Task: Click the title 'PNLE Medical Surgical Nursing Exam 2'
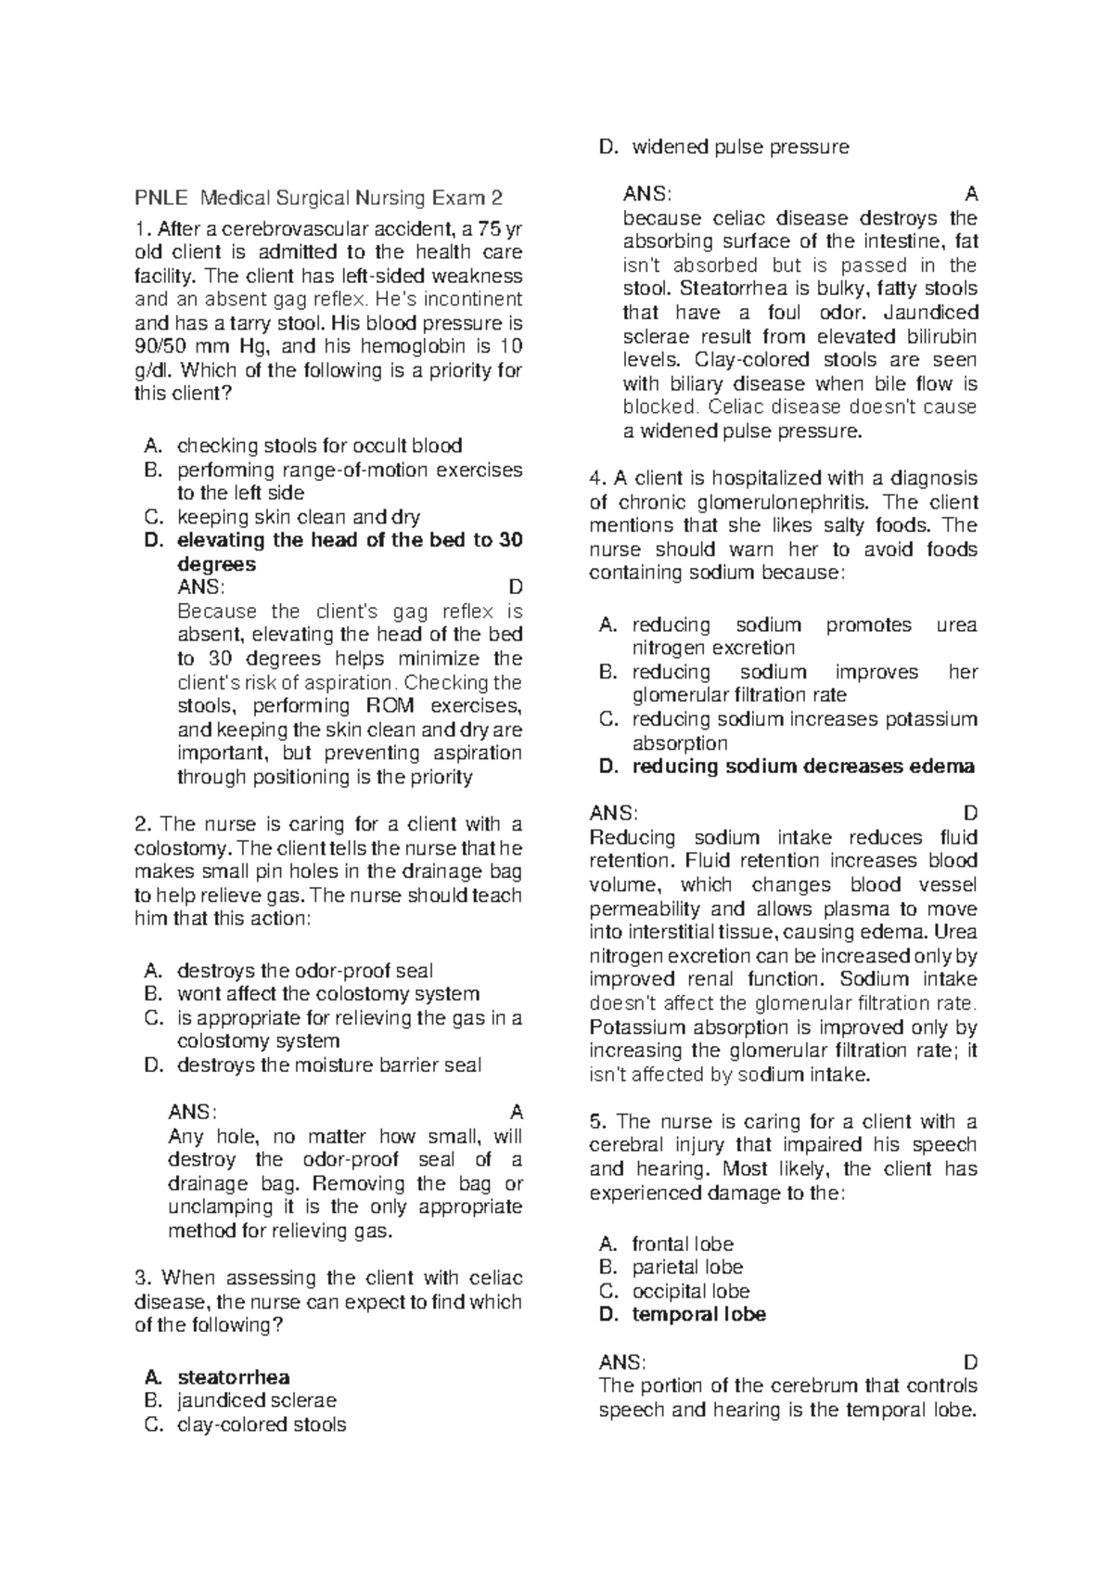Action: pyautogui.click(x=319, y=198)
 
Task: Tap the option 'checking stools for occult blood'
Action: pyautogui.click(x=319, y=445)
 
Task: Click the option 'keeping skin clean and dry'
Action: pyautogui.click(x=298, y=517)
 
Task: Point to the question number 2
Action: pyautogui.click(x=141, y=824)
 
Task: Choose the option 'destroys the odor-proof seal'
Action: pyautogui.click(x=304, y=971)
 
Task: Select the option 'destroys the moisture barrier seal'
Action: pyautogui.click(x=328, y=1065)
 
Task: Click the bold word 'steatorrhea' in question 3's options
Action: pyautogui.click(x=233, y=1377)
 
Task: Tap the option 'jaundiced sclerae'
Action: pyautogui.click(x=256, y=1400)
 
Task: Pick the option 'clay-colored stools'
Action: pyautogui.click(x=261, y=1425)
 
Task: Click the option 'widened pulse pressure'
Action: pyautogui.click(x=740, y=147)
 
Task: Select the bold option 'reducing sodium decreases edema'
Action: pyautogui.click(x=803, y=767)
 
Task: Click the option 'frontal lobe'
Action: pyautogui.click(x=682, y=1244)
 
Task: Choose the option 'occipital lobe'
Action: pyautogui.click(x=690, y=1291)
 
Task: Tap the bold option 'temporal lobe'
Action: pyautogui.click(x=698, y=1314)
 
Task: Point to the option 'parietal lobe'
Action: pyautogui.click(x=686, y=1267)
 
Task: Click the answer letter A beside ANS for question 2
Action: pyautogui.click(x=518, y=1112)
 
